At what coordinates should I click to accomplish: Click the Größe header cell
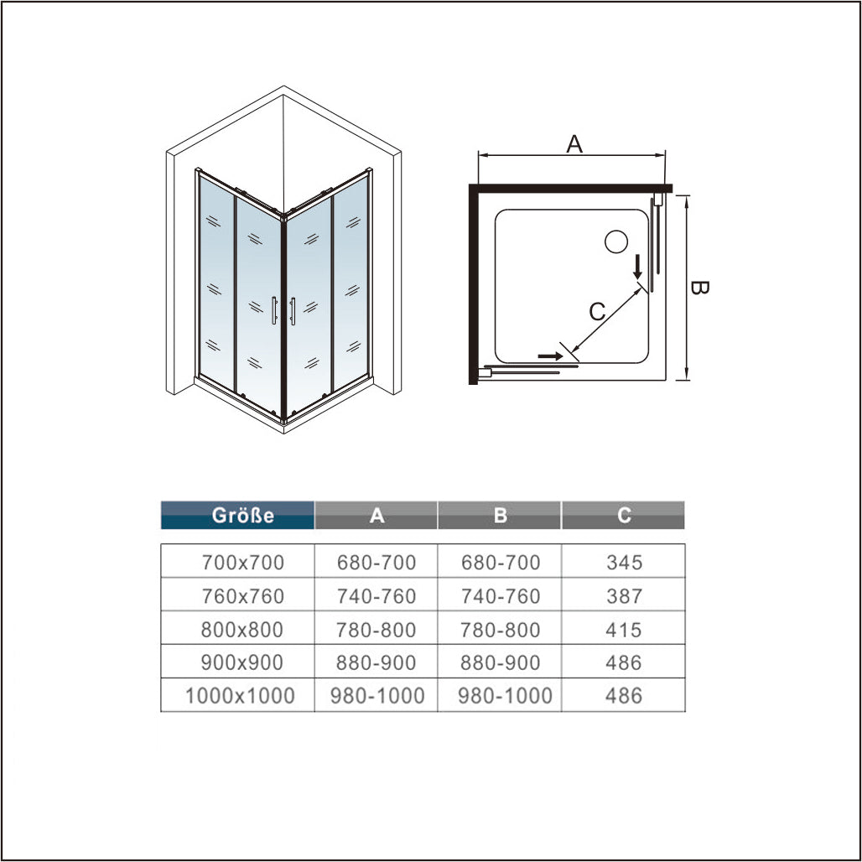coord(237,515)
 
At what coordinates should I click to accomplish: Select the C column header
coord(623,515)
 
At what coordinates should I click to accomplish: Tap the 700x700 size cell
coord(242,563)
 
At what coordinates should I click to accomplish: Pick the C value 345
coord(624,563)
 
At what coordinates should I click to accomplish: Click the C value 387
coord(624,596)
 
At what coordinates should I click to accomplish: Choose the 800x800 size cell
coord(241,630)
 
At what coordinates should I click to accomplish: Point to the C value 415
coord(623,630)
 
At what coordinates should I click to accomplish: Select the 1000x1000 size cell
coord(240,695)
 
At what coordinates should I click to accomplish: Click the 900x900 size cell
coord(241,662)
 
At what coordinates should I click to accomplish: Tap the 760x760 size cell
coord(242,596)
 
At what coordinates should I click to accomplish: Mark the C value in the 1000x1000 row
coord(623,695)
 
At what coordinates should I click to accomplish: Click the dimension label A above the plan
coord(574,144)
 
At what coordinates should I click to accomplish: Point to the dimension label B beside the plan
coord(699,288)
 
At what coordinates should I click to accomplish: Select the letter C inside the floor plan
coord(597,312)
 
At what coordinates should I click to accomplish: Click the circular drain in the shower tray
coord(616,241)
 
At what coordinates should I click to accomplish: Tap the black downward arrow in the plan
coord(638,267)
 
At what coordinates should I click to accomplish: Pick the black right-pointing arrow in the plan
coord(550,356)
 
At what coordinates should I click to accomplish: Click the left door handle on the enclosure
coord(273,310)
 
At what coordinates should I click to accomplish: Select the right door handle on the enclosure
coord(293,311)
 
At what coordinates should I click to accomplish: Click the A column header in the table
coord(376,515)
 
